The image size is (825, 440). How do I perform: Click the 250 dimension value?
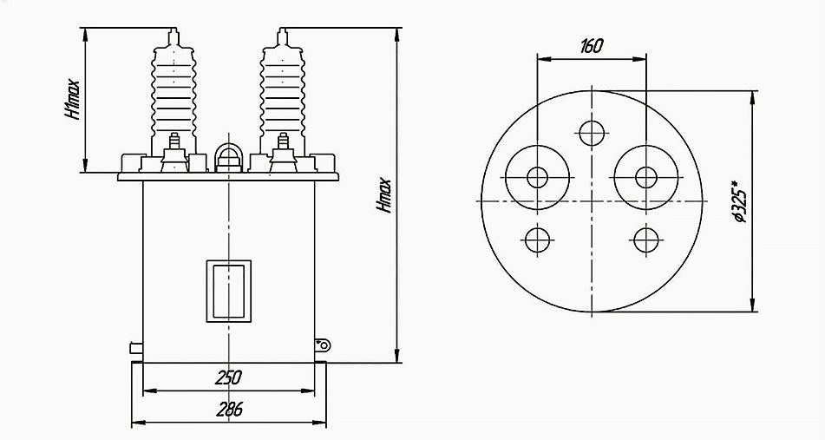coord(228,378)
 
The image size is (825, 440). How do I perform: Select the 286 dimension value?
coord(229,409)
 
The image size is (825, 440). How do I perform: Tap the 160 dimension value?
coord(592,46)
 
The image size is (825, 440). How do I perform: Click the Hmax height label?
coord(384,196)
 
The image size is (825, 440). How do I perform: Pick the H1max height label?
coord(73,100)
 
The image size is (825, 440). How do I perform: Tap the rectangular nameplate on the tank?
coord(228,291)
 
